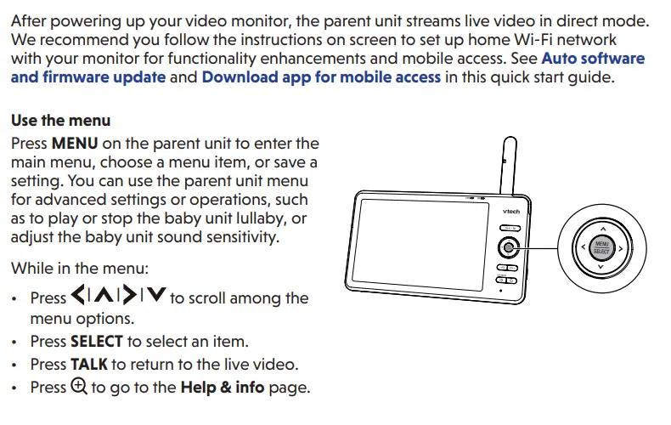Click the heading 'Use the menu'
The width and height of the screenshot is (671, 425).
tap(60, 121)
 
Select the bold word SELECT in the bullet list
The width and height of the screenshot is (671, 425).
tap(96, 342)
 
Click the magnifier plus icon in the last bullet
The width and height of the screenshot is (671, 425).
tap(79, 386)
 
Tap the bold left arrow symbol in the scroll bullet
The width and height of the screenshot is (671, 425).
tap(78, 297)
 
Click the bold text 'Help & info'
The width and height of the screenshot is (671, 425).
tap(223, 388)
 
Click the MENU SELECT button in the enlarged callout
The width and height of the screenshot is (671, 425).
tap(601, 249)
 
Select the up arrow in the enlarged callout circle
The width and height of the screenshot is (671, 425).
tap(601, 229)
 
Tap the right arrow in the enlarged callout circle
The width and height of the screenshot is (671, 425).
tap(621, 249)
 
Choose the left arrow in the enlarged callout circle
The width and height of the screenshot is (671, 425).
tap(582, 249)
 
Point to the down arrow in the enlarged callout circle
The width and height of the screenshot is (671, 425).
tap(601, 268)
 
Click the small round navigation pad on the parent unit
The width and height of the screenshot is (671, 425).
tap(508, 248)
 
